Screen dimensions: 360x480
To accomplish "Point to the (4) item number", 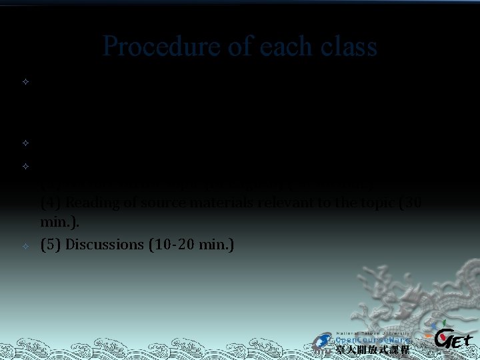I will point(51,203).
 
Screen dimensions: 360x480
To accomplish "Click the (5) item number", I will point(51,244).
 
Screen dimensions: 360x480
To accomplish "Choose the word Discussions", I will point(102,244).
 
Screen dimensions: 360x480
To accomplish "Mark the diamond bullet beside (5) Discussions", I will point(24,246).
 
